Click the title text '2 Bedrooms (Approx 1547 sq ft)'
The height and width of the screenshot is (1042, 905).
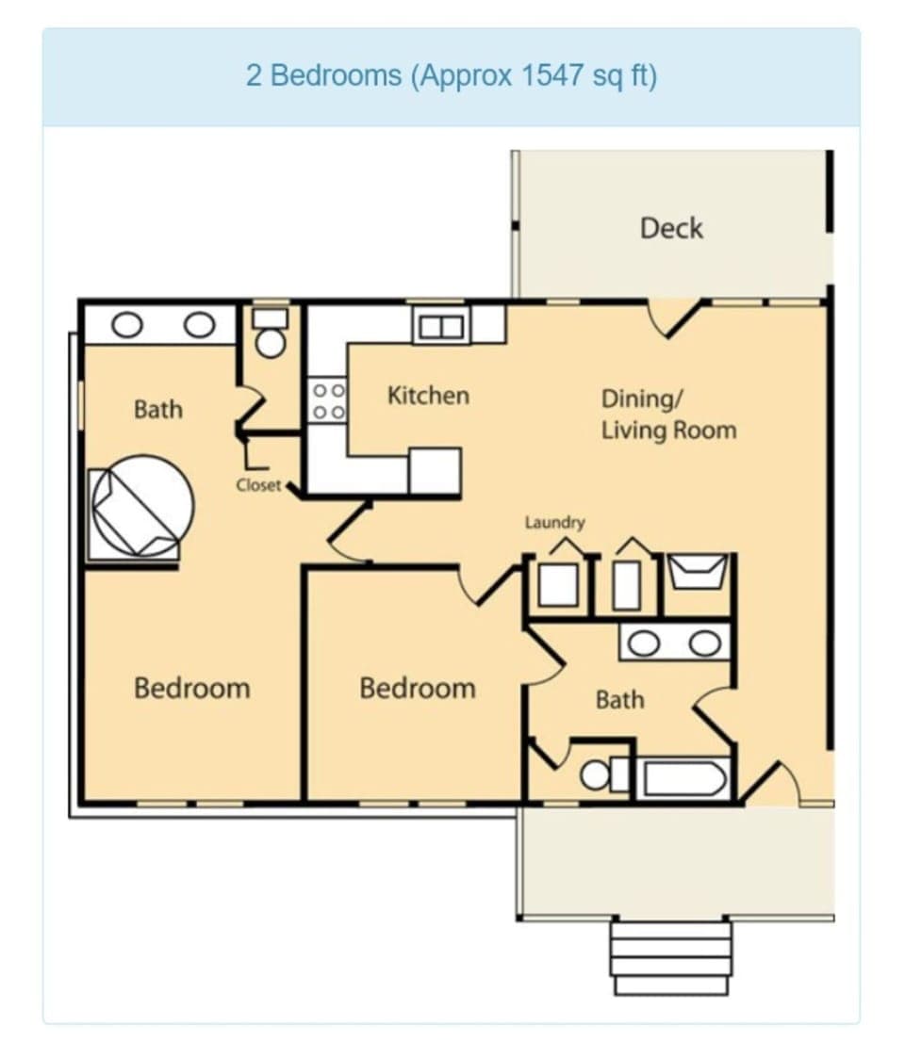(451, 76)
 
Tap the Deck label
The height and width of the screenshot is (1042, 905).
(671, 228)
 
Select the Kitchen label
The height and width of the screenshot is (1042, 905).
(428, 396)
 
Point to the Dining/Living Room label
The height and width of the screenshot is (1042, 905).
(668, 415)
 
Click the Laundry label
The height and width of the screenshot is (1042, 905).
(555, 522)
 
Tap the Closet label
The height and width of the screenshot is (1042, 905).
(258, 485)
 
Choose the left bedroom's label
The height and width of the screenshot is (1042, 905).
(192, 688)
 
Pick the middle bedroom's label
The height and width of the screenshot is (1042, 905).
(418, 688)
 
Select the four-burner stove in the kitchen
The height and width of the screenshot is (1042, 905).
(328, 400)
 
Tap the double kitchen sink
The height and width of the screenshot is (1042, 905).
(441, 327)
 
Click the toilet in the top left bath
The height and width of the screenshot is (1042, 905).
(271, 338)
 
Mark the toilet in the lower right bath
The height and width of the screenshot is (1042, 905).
(600, 775)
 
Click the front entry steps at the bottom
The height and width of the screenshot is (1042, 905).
(670, 956)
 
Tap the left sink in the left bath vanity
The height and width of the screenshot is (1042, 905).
(126, 325)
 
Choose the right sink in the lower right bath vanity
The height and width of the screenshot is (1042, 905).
(704, 643)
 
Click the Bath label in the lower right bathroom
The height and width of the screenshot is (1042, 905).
(619, 700)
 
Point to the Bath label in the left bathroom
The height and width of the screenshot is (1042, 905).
(158, 410)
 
